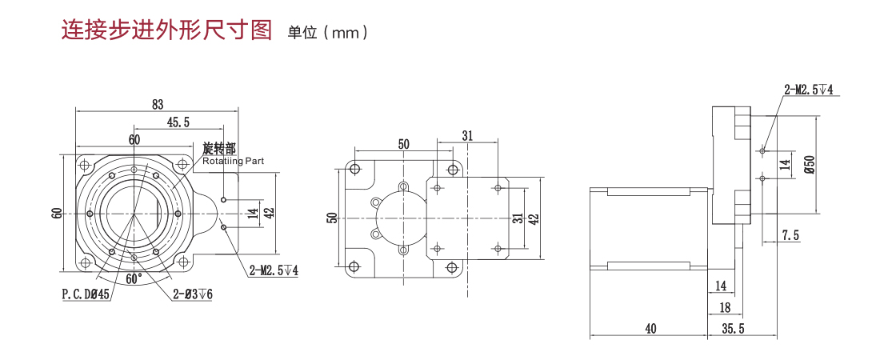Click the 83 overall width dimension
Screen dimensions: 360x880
click(157, 104)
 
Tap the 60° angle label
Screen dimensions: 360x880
click(134, 279)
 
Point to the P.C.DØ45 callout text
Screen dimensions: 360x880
click(86, 294)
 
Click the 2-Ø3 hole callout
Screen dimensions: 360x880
click(192, 294)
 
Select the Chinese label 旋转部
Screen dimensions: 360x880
click(218, 149)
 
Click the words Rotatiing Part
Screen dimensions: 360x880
click(233, 161)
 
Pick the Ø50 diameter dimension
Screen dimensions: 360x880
click(809, 164)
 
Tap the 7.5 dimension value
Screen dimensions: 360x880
click(790, 235)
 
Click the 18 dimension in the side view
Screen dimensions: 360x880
click(725, 307)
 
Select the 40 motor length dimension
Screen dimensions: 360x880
click(649, 329)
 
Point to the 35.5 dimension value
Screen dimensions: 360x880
click(733, 329)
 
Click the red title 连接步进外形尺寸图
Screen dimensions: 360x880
click(167, 30)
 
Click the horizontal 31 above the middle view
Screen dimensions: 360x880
click(467, 137)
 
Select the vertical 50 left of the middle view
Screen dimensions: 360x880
click(332, 218)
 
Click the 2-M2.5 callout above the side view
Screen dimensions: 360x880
click(809, 90)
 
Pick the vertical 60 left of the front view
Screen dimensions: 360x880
click(56, 214)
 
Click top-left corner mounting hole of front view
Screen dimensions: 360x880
click(84, 164)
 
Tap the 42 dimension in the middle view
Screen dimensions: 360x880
click(534, 218)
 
